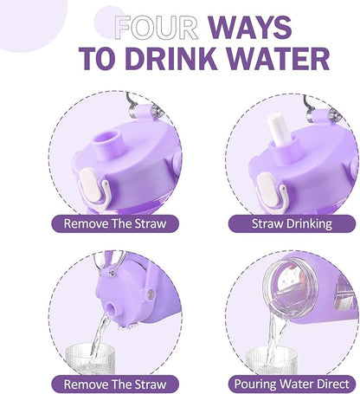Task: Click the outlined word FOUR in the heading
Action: click(x=157, y=28)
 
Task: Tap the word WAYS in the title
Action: click(x=250, y=28)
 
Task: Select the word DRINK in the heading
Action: click(x=171, y=59)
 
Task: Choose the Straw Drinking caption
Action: click(x=292, y=223)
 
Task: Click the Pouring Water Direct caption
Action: click(x=292, y=384)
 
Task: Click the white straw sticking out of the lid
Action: click(x=277, y=129)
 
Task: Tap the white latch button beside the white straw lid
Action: click(x=267, y=188)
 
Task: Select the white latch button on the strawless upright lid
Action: click(x=90, y=184)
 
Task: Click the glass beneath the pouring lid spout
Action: click(x=91, y=358)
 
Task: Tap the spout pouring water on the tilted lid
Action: click(x=111, y=309)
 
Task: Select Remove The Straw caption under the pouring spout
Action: click(x=115, y=384)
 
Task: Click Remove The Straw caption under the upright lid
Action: click(x=115, y=223)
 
